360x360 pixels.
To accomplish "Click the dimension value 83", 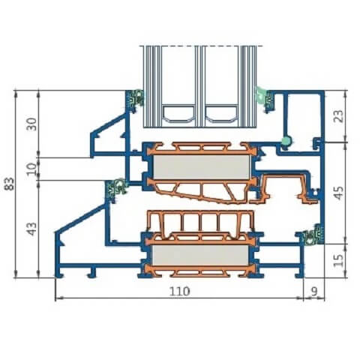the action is pyautogui.click(x=10, y=184).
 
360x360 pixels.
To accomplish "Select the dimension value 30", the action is pyautogui.click(x=32, y=124).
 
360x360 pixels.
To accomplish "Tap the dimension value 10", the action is pyautogui.click(x=32, y=169).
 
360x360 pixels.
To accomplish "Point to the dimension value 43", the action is pyautogui.click(x=32, y=229).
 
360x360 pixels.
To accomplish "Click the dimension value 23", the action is pyautogui.click(x=339, y=116).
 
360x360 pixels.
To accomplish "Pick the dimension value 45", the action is pyautogui.click(x=339, y=193).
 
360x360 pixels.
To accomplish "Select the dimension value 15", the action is pyautogui.click(x=339, y=260).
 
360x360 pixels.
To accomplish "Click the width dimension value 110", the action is pyautogui.click(x=179, y=291).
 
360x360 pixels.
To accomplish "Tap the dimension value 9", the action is pyautogui.click(x=314, y=291).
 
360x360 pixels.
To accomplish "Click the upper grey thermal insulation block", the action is pyautogui.click(x=202, y=167).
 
